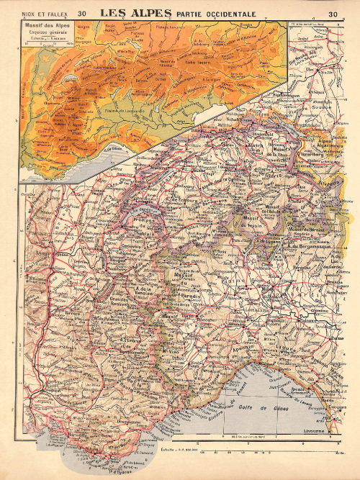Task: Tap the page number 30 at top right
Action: coord(333,13)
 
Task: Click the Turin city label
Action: coord(188,315)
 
